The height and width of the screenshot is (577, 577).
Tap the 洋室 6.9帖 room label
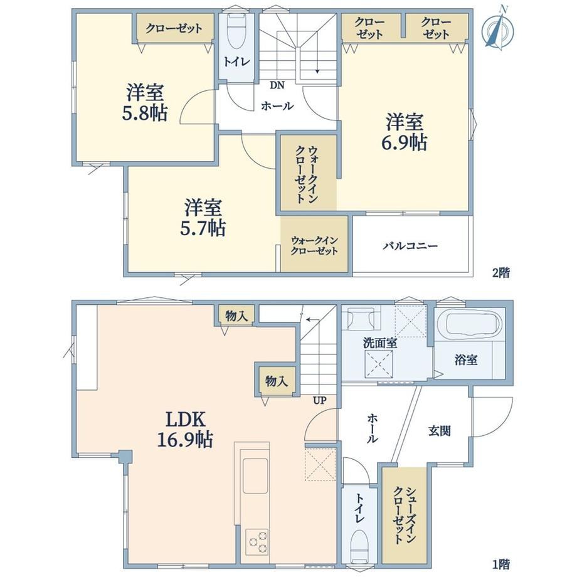(x=404, y=132)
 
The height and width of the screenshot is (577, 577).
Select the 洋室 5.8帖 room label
(x=145, y=103)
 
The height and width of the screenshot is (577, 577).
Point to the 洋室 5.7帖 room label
(x=203, y=217)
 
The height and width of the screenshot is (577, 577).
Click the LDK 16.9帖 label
(x=185, y=429)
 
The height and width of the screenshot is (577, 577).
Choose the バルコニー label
(x=410, y=245)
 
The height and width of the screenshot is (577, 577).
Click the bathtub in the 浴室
(x=474, y=324)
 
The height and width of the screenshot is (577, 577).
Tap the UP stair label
(x=319, y=400)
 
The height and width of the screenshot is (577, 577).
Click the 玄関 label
(x=440, y=430)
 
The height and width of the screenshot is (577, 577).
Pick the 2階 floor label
(x=501, y=273)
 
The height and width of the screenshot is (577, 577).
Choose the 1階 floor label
(x=501, y=564)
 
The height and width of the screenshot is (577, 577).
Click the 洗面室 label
(x=380, y=343)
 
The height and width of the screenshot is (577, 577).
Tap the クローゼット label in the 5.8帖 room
(x=174, y=28)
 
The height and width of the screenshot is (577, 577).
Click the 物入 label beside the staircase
(x=277, y=381)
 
